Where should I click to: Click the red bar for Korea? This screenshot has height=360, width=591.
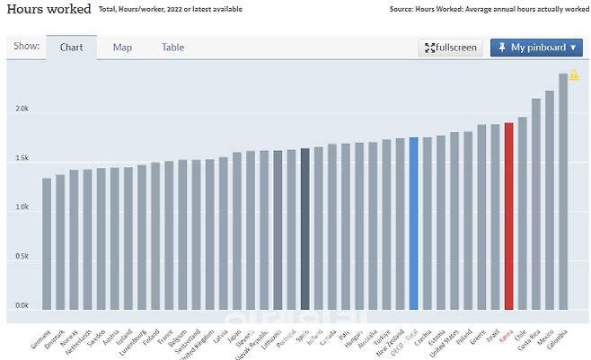(x=508, y=215)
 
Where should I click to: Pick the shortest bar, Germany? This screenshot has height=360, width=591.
(x=47, y=242)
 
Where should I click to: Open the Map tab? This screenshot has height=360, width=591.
(x=122, y=48)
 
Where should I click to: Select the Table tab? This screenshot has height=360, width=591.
(x=173, y=48)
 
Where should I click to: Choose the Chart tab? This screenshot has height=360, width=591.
(x=72, y=48)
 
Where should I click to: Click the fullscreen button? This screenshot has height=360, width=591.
(x=450, y=48)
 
